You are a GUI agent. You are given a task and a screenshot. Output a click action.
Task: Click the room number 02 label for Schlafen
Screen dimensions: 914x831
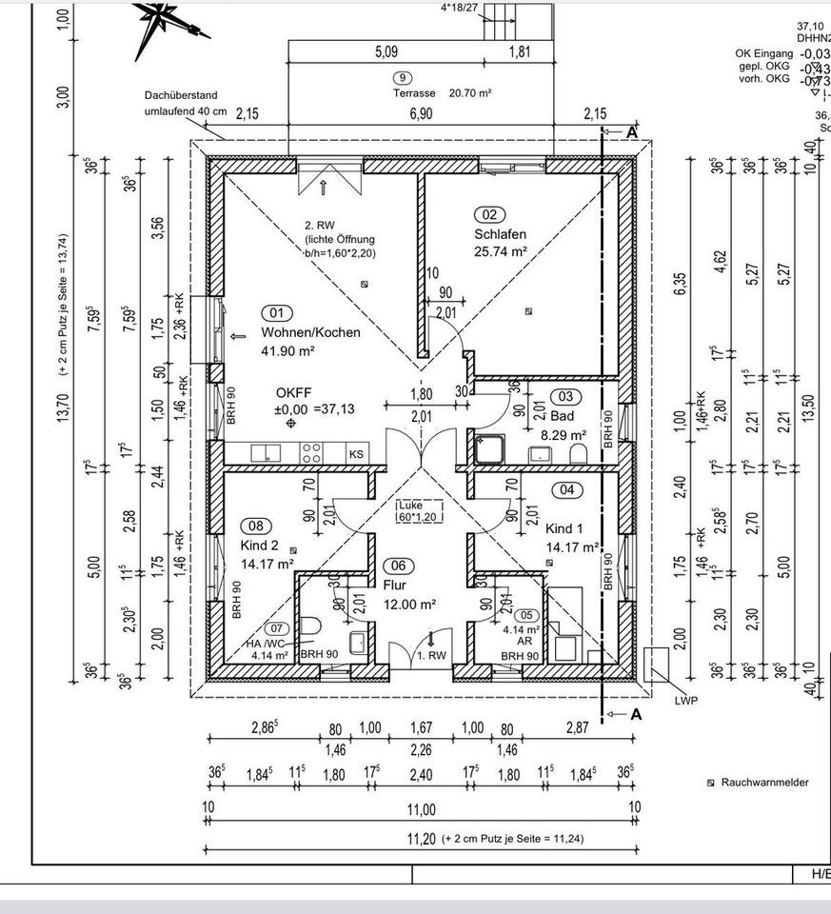click(x=491, y=215)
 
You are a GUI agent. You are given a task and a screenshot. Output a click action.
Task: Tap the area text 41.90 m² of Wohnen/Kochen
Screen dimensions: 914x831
click(x=287, y=350)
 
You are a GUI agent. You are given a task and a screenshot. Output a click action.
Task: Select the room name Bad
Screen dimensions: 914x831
click(x=562, y=416)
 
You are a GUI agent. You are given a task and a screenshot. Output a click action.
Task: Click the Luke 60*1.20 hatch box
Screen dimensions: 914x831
click(x=420, y=510)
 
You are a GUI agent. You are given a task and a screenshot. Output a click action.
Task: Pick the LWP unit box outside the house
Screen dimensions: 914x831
click(x=656, y=664)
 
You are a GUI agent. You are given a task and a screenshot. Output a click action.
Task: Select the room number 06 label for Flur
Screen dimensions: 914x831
click(x=398, y=566)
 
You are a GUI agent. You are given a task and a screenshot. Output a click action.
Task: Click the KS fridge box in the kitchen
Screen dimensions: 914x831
click(x=356, y=454)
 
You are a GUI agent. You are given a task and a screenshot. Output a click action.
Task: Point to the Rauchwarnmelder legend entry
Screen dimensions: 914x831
click(x=758, y=783)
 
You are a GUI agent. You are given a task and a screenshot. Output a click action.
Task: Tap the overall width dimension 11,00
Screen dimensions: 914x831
click(x=421, y=810)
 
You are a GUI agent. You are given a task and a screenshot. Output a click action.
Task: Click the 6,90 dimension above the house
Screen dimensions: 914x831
click(x=421, y=114)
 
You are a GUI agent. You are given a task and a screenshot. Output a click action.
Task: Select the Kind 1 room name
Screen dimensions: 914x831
click(x=564, y=528)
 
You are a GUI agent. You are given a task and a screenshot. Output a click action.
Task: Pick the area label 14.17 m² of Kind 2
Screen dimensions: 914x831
click(x=267, y=563)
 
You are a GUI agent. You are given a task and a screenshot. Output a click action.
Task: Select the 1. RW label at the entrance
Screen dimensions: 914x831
click(x=431, y=655)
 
